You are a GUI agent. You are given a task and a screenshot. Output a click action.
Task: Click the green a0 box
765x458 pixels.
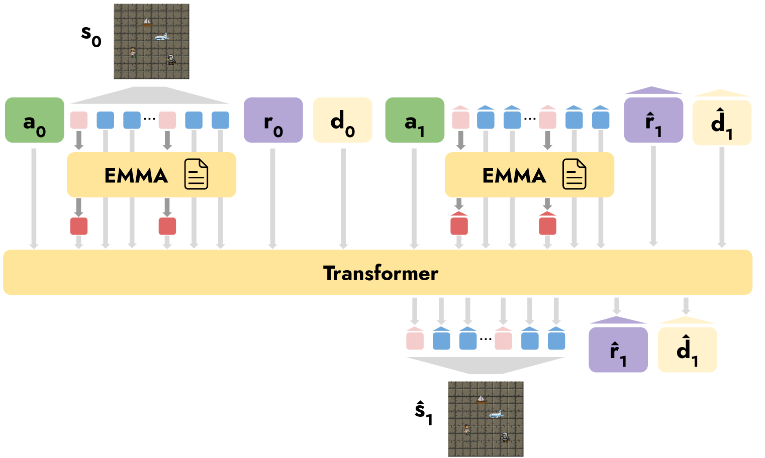34,120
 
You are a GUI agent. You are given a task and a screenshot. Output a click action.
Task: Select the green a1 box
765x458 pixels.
415,120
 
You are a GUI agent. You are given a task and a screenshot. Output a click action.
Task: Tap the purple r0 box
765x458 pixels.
273,120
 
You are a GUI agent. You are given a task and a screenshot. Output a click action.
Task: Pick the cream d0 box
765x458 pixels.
342,120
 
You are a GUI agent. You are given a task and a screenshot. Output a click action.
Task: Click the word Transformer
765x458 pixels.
380,273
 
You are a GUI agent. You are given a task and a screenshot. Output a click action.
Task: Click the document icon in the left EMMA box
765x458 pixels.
196,174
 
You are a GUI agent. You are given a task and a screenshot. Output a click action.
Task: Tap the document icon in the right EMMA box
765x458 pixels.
574,174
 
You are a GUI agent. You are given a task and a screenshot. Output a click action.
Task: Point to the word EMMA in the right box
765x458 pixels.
514,176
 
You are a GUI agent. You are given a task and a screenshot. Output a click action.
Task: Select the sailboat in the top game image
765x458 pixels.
147,22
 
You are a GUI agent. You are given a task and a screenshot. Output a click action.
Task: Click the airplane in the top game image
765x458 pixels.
161,37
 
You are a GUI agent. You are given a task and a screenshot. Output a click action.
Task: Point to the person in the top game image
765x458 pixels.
133,51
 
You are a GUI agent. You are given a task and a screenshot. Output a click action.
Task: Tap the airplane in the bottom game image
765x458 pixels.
496,414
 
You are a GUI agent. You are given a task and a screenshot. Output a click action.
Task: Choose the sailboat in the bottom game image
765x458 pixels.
482,400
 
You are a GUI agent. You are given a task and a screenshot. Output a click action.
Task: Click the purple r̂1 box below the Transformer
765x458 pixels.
618,350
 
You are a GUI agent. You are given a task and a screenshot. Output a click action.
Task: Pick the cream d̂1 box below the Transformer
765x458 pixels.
687,350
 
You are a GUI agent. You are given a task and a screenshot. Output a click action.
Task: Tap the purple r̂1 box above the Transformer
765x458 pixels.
653,121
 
